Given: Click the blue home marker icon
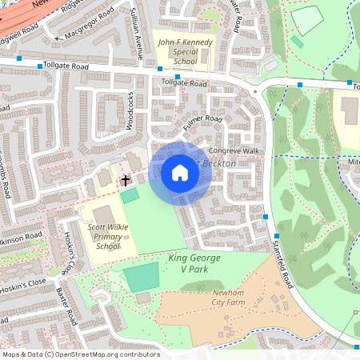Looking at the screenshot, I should [179, 173].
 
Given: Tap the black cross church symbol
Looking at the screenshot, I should [125, 181].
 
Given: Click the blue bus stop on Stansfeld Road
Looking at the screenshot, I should [265, 216].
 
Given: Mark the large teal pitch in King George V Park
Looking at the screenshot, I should [141, 278].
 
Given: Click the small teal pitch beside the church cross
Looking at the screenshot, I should [129, 194].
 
